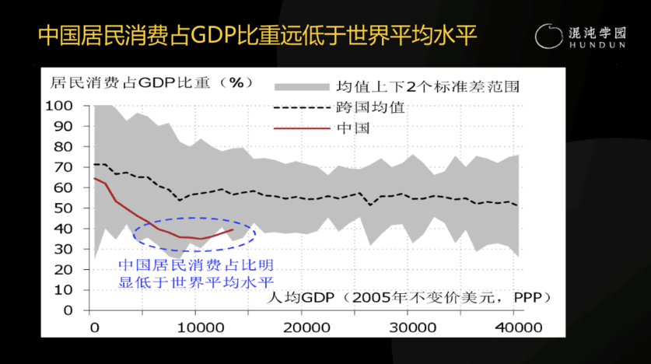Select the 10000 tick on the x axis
tap(196, 324)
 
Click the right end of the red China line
tap(232, 229)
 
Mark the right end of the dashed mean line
tap(517, 205)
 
